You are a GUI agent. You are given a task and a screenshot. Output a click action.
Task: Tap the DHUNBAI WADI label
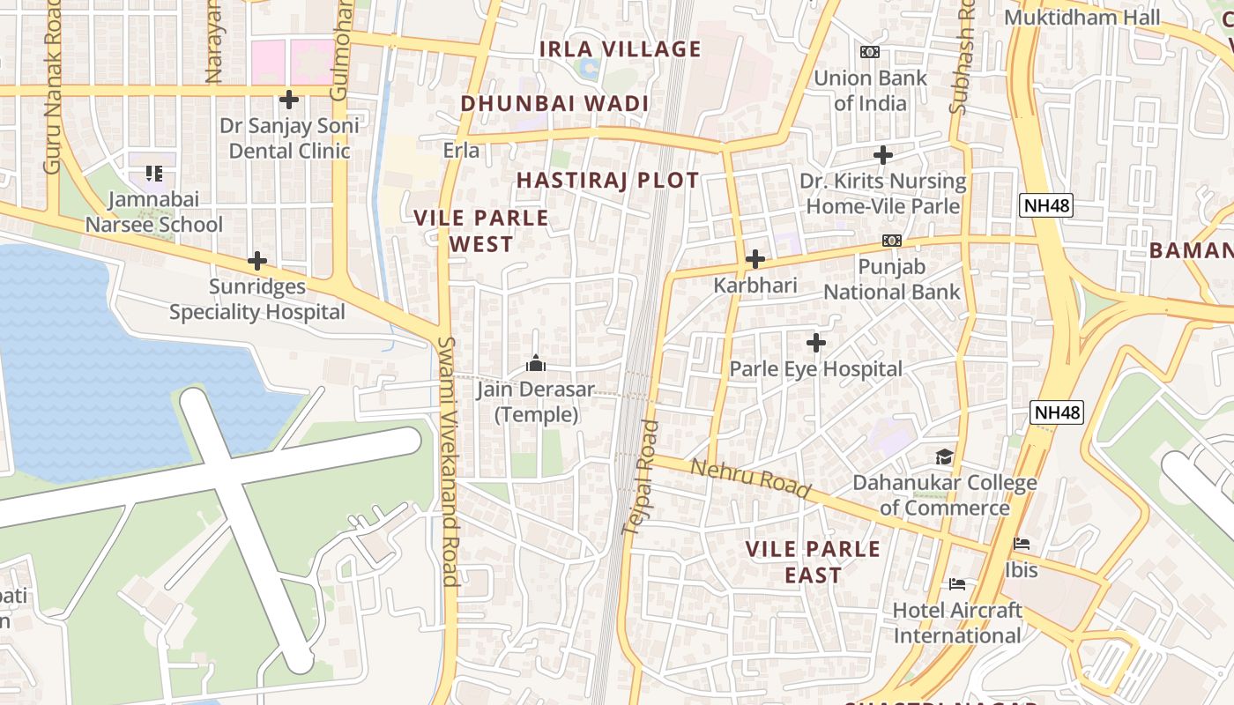click(x=554, y=104)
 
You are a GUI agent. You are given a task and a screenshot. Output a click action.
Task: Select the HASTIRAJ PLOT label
click(x=607, y=181)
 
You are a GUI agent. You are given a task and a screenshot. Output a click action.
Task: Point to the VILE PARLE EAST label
click(x=813, y=561)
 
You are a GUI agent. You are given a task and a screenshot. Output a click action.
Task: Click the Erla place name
click(x=461, y=151)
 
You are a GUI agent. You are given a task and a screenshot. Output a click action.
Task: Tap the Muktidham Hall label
click(x=1094, y=18)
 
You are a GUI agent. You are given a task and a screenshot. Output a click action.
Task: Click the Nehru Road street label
click(x=750, y=478)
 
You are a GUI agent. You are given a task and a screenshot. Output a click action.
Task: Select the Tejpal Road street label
click(x=641, y=477)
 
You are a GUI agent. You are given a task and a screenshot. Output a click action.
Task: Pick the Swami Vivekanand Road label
click(x=449, y=460)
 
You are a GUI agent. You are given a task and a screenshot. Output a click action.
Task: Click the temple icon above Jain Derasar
click(x=536, y=363)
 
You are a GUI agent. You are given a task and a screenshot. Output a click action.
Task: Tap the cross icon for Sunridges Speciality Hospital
click(x=257, y=261)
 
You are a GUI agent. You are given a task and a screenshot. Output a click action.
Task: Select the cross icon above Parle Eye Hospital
click(x=816, y=342)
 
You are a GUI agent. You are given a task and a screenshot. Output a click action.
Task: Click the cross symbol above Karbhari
click(x=755, y=259)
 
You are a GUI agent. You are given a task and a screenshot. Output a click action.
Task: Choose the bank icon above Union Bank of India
click(x=870, y=52)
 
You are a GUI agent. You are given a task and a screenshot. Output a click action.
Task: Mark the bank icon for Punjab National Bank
click(x=891, y=241)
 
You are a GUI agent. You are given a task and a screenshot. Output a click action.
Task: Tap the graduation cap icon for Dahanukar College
click(x=944, y=456)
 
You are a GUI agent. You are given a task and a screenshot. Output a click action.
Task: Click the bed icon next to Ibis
click(x=1022, y=544)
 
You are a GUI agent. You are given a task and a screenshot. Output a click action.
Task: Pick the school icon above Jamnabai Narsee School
click(x=154, y=174)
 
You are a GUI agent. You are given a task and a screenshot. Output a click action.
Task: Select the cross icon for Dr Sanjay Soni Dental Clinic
click(x=288, y=100)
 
